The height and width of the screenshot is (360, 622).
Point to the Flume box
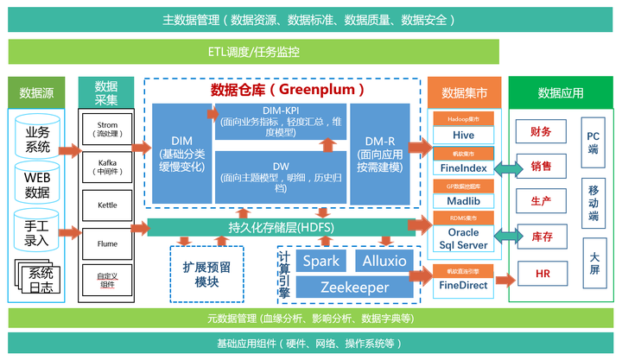click(x=107, y=243)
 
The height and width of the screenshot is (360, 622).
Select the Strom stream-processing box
click(x=107, y=129)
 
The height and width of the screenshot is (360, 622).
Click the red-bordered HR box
click(x=542, y=275)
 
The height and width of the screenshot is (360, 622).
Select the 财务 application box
click(x=542, y=131)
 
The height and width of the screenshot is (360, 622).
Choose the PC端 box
click(x=593, y=141)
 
